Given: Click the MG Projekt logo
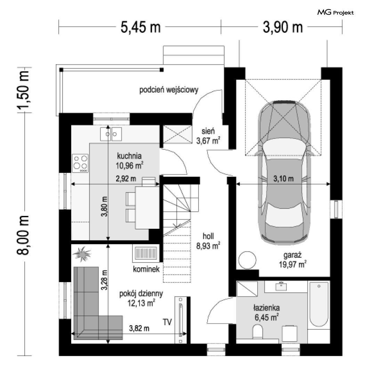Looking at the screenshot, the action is tap(335, 12).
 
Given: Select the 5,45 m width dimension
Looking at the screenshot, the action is tap(141, 27).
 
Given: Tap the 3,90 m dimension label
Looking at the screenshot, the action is tap(283, 27).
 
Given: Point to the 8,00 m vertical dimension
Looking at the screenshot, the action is tap(23, 235).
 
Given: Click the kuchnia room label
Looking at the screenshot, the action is tap(129, 156).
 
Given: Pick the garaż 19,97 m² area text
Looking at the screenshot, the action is tap(293, 260).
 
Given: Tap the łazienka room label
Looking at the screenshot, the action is tap(266, 307).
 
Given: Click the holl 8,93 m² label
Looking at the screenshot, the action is tap(208, 241).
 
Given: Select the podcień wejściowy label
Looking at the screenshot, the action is tap(169, 90).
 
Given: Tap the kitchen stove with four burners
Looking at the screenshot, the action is tap(80, 163).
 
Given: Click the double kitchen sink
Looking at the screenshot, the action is tap(111, 134).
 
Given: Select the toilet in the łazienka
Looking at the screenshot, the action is tap(257, 332).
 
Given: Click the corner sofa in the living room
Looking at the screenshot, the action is tap(98, 303).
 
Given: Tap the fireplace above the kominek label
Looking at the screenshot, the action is tap(146, 253).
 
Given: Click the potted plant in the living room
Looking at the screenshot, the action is tap(82, 254).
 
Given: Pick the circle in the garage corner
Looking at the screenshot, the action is tap(247, 260).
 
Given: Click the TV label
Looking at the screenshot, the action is tap(167, 322).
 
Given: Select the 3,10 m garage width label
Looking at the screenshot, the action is tap(283, 179).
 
